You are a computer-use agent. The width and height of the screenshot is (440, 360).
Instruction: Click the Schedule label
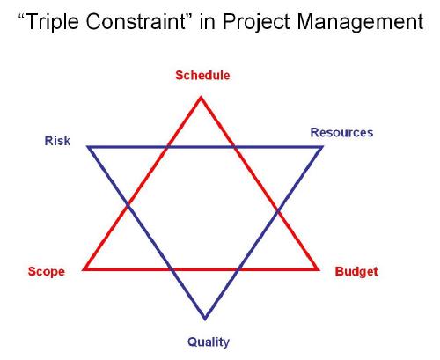[x=202, y=76]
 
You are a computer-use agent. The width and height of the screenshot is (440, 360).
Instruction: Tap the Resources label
[x=341, y=133]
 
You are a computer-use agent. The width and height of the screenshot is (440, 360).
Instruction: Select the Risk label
[x=57, y=141]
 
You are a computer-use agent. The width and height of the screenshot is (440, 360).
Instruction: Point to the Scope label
[x=46, y=271]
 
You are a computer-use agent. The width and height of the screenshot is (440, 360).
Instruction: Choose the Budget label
[x=356, y=271]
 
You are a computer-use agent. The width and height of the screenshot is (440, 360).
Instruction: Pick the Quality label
[x=209, y=342]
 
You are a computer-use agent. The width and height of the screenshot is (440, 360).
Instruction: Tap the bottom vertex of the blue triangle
[x=205, y=319]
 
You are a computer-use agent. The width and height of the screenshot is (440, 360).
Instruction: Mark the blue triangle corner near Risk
[x=88, y=147]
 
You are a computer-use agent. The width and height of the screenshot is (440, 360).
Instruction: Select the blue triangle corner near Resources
[x=322, y=147]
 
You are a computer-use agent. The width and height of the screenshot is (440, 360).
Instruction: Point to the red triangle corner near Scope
[x=84, y=268]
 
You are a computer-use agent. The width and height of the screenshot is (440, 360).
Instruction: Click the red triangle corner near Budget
[x=318, y=268]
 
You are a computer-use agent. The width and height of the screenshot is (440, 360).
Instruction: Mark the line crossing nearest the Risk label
[x=129, y=208]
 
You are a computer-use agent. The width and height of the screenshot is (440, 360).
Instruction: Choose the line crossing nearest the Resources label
[x=235, y=147]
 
